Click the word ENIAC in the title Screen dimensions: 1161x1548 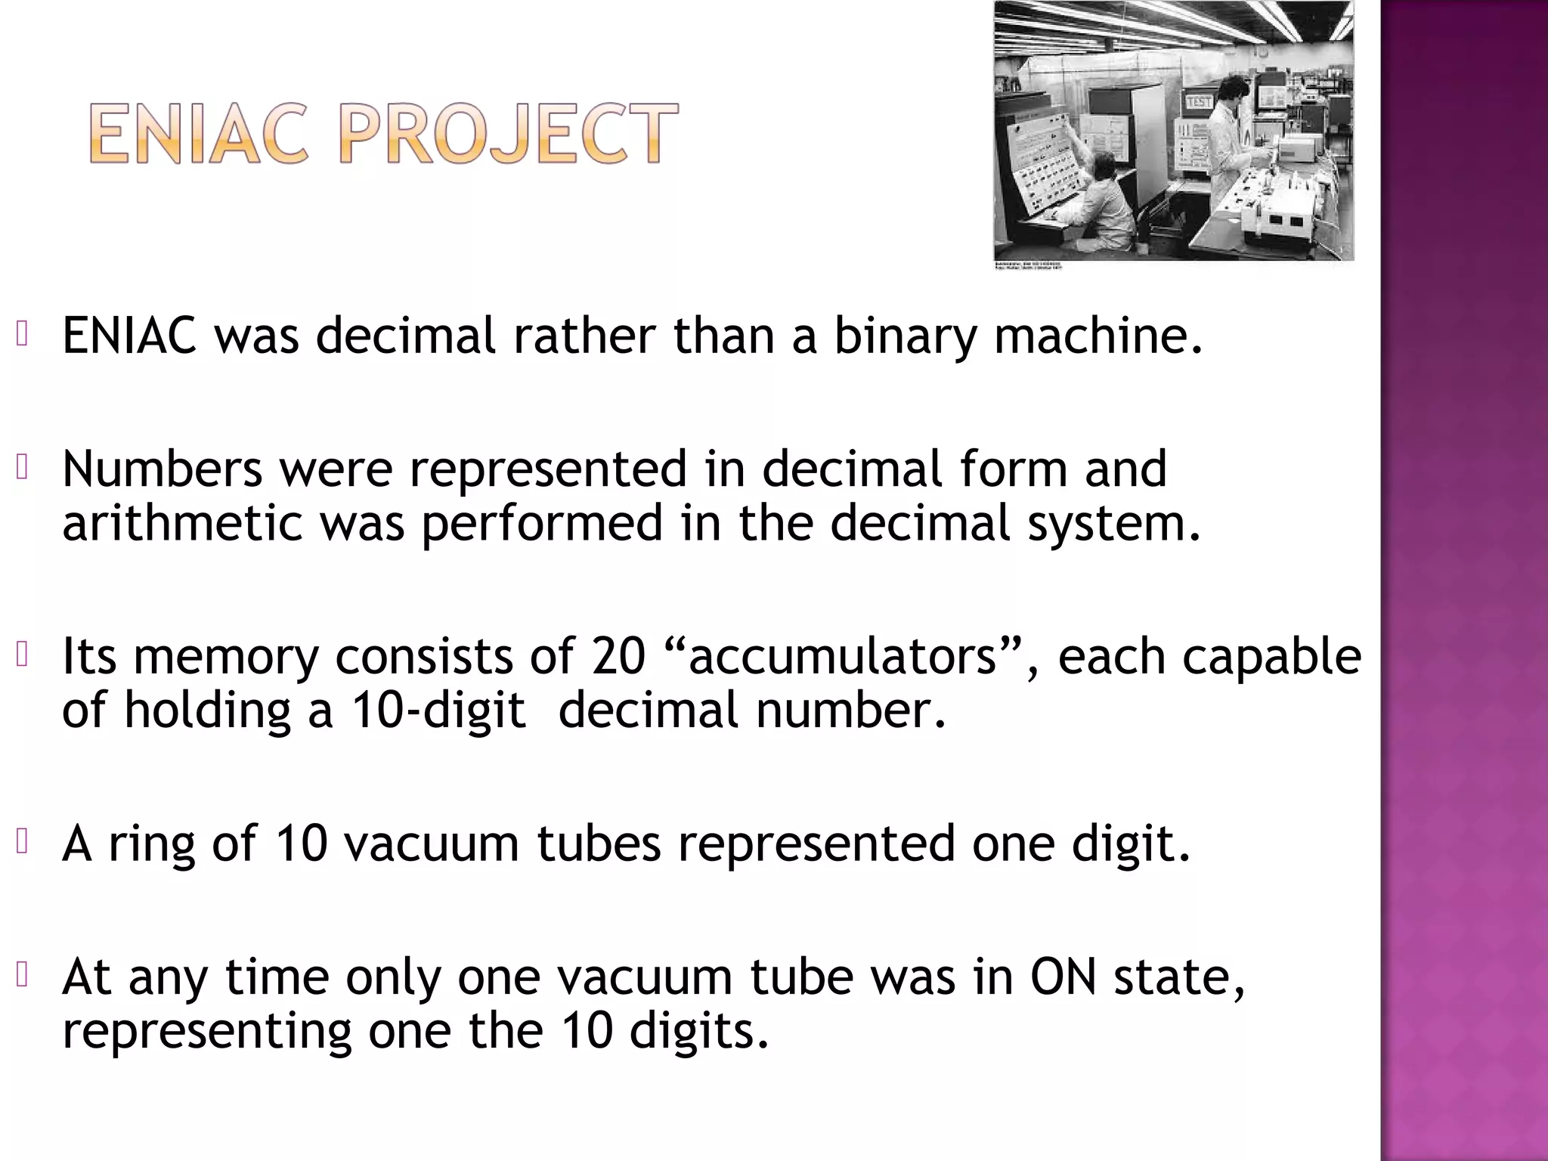tap(199, 134)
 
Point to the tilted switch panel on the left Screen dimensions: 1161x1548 tap(1047, 163)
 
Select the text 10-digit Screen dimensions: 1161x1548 tap(438, 711)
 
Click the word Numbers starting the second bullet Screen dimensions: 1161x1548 tap(162, 469)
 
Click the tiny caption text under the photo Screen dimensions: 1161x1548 tap(1028, 266)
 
